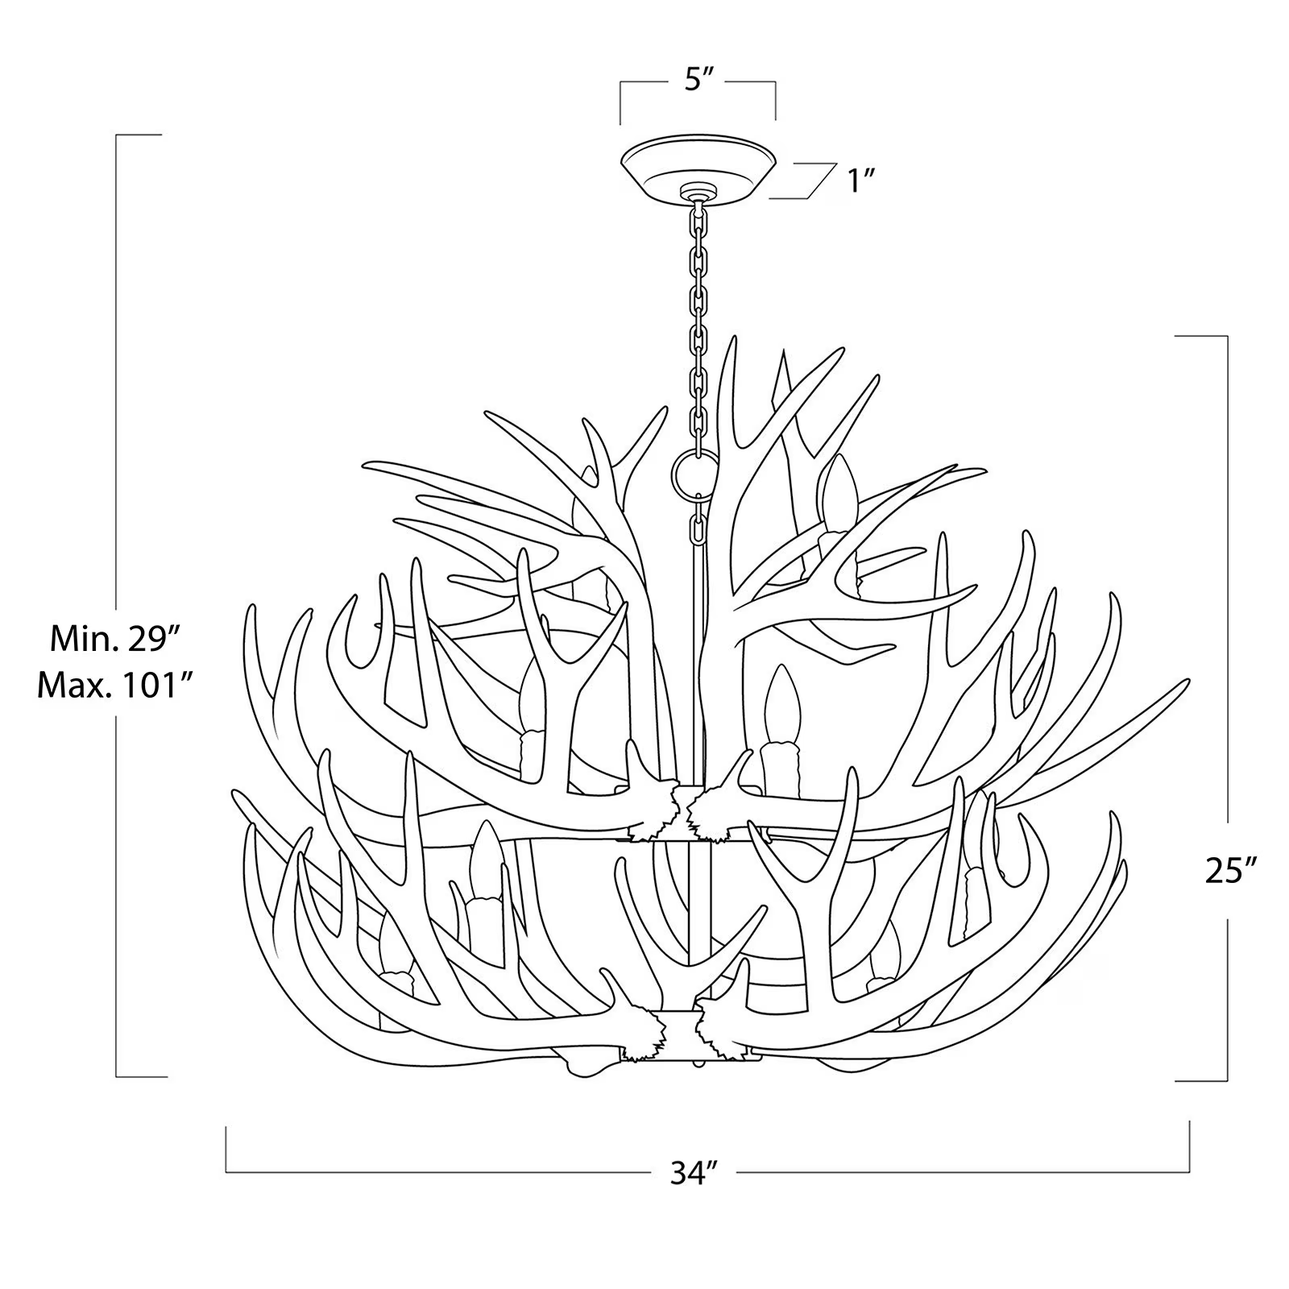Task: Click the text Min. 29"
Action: [x=113, y=639]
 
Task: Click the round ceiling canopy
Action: [x=698, y=165]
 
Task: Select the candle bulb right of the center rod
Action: [x=780, y=705]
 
